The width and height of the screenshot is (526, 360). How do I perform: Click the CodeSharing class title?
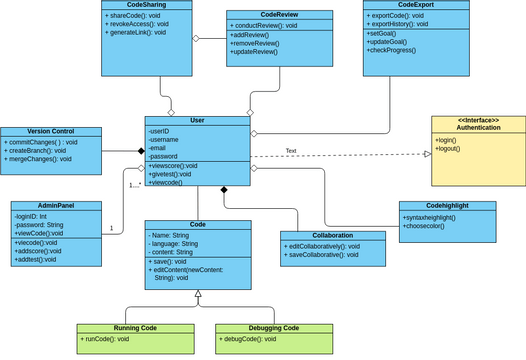click(x=146, y=5)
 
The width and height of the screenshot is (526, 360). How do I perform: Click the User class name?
click(x=196, y=120)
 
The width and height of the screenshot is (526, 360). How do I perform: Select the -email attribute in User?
click(x=159, y=148)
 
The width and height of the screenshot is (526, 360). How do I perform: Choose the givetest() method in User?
click(x=171, y=174)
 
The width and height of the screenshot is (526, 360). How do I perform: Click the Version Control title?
click(x=51, y=132)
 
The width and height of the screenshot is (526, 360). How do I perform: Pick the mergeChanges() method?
click(x=38, y=159)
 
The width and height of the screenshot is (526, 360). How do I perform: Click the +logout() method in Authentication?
click(x=451, y=150)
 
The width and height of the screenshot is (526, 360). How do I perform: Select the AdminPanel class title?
click(x=56, y=205)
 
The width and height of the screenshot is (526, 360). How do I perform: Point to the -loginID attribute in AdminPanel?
click(x=35, y=216)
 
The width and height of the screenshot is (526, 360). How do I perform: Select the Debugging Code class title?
click(x=273, y=328)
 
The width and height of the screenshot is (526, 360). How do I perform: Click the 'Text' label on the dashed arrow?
click(x=291, y=151)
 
